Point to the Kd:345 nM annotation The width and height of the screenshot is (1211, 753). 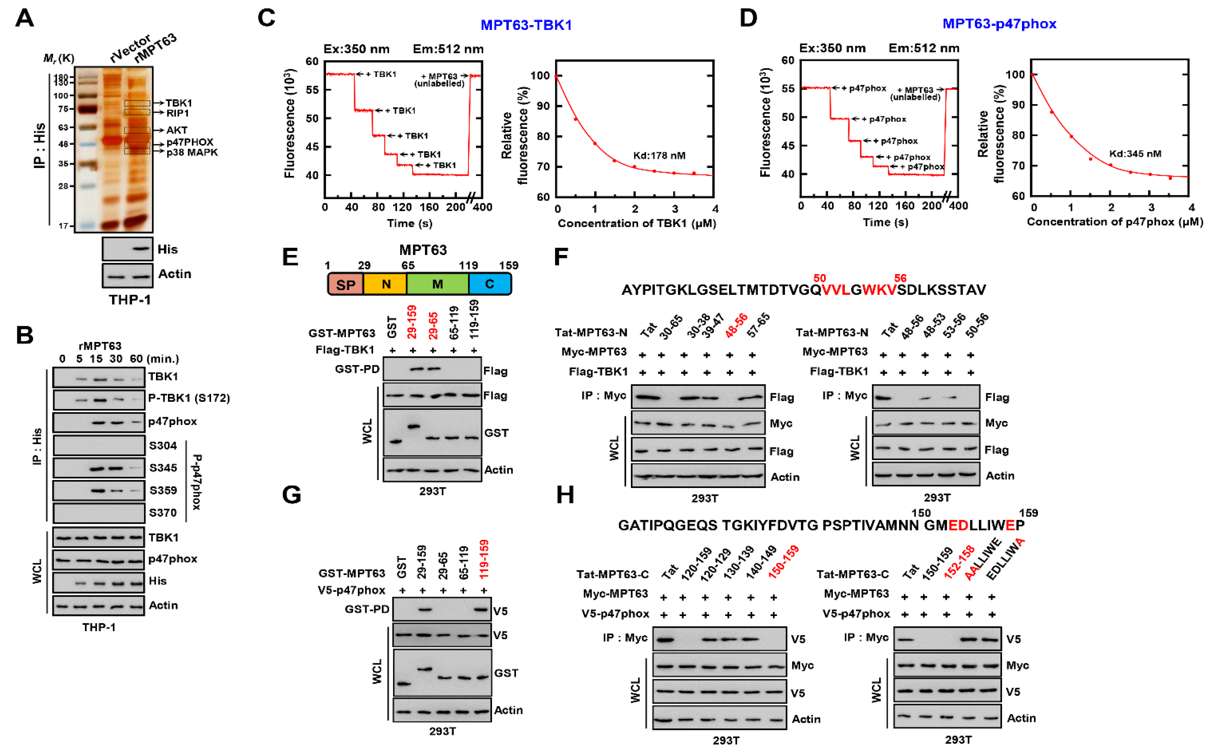(x=1135, y=154)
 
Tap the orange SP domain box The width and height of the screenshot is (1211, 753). (x=345, y=284)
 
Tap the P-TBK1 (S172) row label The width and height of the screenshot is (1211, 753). (x=189, y=398)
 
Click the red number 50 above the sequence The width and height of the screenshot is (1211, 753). (x=819, y=278)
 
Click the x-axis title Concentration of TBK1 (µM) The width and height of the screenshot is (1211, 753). (x=636, y=223)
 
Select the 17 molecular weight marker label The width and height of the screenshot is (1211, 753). (x=63, y=226)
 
